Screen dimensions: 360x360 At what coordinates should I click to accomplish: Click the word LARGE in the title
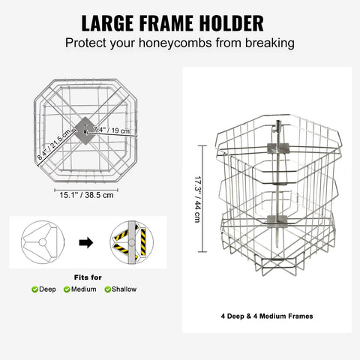pos(107,23)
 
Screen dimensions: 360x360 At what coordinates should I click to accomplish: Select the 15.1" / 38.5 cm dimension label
pos(86,195)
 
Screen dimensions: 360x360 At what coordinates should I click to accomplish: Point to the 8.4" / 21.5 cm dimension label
pos(54,144)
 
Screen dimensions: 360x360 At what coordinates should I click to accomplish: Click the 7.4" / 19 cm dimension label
pos(112,130)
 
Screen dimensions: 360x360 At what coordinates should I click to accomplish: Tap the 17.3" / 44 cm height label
pos(197,199)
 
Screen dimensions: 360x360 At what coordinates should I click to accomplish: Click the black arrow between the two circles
pos(86,243)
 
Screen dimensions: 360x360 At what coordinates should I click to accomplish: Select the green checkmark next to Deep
pos(34,289)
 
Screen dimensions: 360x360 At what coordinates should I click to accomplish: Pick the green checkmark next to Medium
pos(67,289)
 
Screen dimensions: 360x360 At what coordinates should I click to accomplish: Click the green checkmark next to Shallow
pos(108,289)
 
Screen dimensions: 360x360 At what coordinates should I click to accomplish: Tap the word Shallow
pos(124,289)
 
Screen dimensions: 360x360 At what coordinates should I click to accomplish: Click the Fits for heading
pos(88,277)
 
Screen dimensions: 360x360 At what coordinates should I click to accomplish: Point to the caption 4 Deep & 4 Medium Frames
pos(267,316)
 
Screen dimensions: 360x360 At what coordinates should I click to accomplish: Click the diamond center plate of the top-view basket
pos(85,130)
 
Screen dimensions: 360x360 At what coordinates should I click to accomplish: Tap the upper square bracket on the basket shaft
pos(278,148)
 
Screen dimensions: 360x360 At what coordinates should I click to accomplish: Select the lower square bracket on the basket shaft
pos(277,221)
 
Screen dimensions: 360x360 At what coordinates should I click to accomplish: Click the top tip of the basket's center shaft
pos(278,121)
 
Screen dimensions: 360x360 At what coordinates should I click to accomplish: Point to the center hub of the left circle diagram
pos(43,242)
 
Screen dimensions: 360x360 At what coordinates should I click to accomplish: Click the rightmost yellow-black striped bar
pos(143,241)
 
